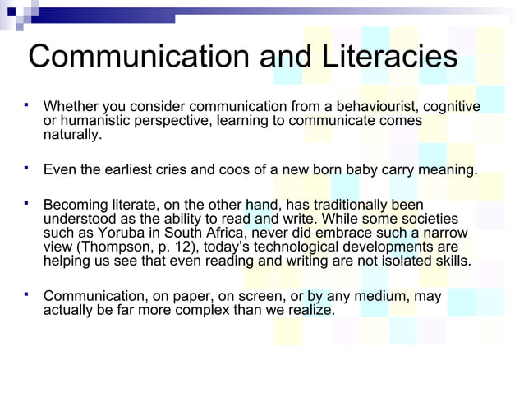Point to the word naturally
(74, 135)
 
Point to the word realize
(310, 310)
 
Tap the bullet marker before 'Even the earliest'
(27, 169)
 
